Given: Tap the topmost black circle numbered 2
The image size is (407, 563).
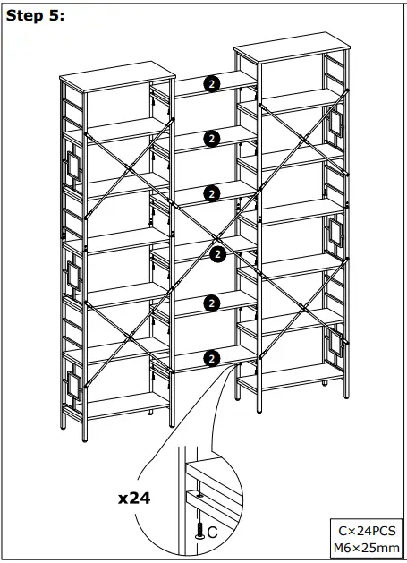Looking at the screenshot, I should tap(211, 84).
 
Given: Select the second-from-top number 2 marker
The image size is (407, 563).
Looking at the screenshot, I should tap(211, 138).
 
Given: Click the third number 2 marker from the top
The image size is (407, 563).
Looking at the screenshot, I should tap(211, 192).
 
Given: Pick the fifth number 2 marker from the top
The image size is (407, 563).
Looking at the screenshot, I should tap(211, 303).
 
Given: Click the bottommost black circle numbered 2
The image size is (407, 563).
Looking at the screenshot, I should tap(211, 358).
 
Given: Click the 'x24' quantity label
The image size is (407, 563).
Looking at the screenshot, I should tap(133, 498).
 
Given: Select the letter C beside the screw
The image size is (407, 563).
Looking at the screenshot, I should tap(212, 533).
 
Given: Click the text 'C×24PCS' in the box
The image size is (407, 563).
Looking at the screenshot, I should tap(367, 529).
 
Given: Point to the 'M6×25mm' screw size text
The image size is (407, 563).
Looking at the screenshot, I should tap(367, 547).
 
